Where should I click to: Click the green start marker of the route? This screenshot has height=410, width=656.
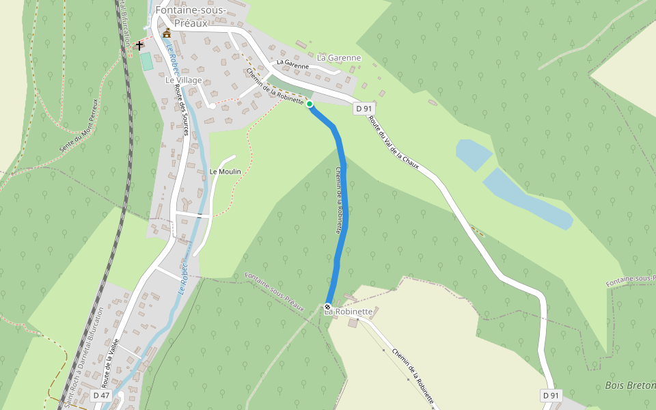click(x=310, y=104)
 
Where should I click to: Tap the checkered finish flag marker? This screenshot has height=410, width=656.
click(x=328, y=307)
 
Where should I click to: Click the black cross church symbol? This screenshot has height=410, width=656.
click(x=139, y=46)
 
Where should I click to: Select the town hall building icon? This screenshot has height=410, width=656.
click(x=167, y=33)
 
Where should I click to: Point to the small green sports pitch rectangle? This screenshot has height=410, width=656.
click(x=146, y=61)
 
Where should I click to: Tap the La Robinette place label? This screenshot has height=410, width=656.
click(x=350, y=312)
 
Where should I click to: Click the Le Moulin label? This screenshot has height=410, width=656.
click(x=225, y=172)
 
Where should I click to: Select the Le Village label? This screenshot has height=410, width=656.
click(x=184, y=80)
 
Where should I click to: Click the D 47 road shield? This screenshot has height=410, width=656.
click(x=101, y=396)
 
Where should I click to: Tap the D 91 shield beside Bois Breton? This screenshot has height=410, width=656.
click(x=551, y=396)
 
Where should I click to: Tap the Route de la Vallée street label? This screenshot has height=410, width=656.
click(x=110, y=363)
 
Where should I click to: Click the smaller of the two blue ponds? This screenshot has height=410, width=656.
click(x=473, y=154)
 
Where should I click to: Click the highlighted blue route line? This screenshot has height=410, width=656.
click(x=343, y=205)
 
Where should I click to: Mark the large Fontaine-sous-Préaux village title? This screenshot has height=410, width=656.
click(x=181, y=16)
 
